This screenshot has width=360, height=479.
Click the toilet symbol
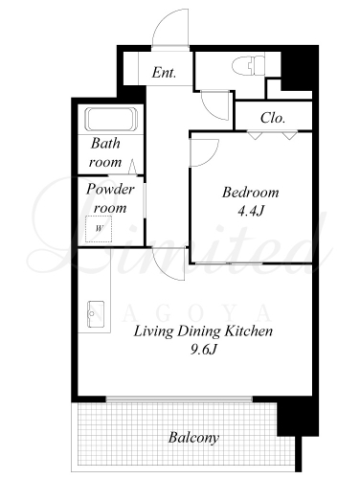[x=249, y=65]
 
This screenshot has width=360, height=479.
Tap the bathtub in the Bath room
[x=111, y=120]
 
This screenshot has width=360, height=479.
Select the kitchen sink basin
[x=96, y=314]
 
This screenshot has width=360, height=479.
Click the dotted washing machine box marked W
[x=99, y=229]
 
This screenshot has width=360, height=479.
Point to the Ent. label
[x=164, y=73]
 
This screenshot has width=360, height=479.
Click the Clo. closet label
[x=273, y=118]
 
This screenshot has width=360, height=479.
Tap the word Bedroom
[x=251, y=193]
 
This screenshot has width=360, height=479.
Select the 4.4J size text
[x=251, y=211]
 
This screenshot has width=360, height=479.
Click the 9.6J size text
[x=204, y=350]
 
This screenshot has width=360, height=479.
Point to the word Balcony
[x=193, y=438]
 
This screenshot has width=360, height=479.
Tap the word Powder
[x=110, y=190]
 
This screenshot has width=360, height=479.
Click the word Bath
[x=105, y=143]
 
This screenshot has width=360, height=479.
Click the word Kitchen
[x=249, y=331]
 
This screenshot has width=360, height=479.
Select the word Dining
[x=198, y=331]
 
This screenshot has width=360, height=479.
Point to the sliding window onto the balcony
[x=179, y=399]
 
